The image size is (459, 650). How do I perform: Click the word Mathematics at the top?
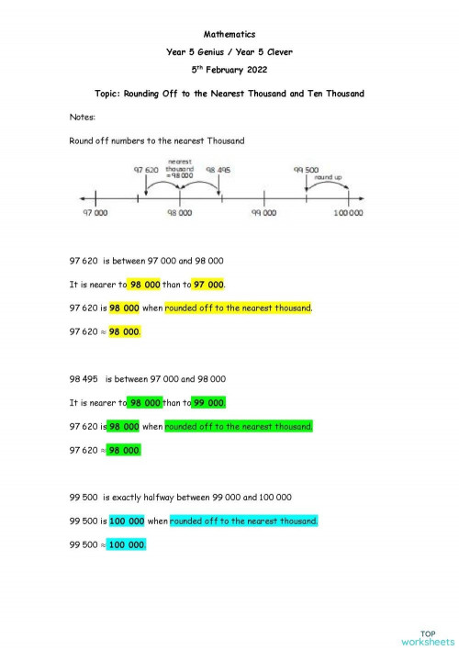point(229,34)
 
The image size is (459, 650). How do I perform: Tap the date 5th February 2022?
point(229,68)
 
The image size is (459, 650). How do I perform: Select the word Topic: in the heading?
point(112,94)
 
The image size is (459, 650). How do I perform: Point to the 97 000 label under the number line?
point(94,213)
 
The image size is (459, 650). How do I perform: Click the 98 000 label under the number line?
point(179,213)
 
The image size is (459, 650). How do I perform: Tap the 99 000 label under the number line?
point(263,213)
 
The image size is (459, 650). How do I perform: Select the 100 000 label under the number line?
point(348,213)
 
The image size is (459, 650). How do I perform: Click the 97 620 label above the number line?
point(147,170)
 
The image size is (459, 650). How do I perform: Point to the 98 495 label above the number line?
point(218,170)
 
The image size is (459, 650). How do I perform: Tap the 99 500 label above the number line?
point(306,170)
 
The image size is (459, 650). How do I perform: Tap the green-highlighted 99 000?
point(208,402)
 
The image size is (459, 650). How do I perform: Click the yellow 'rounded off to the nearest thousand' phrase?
point(239,308)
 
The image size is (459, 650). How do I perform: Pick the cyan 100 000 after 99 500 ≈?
point(127,544)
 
